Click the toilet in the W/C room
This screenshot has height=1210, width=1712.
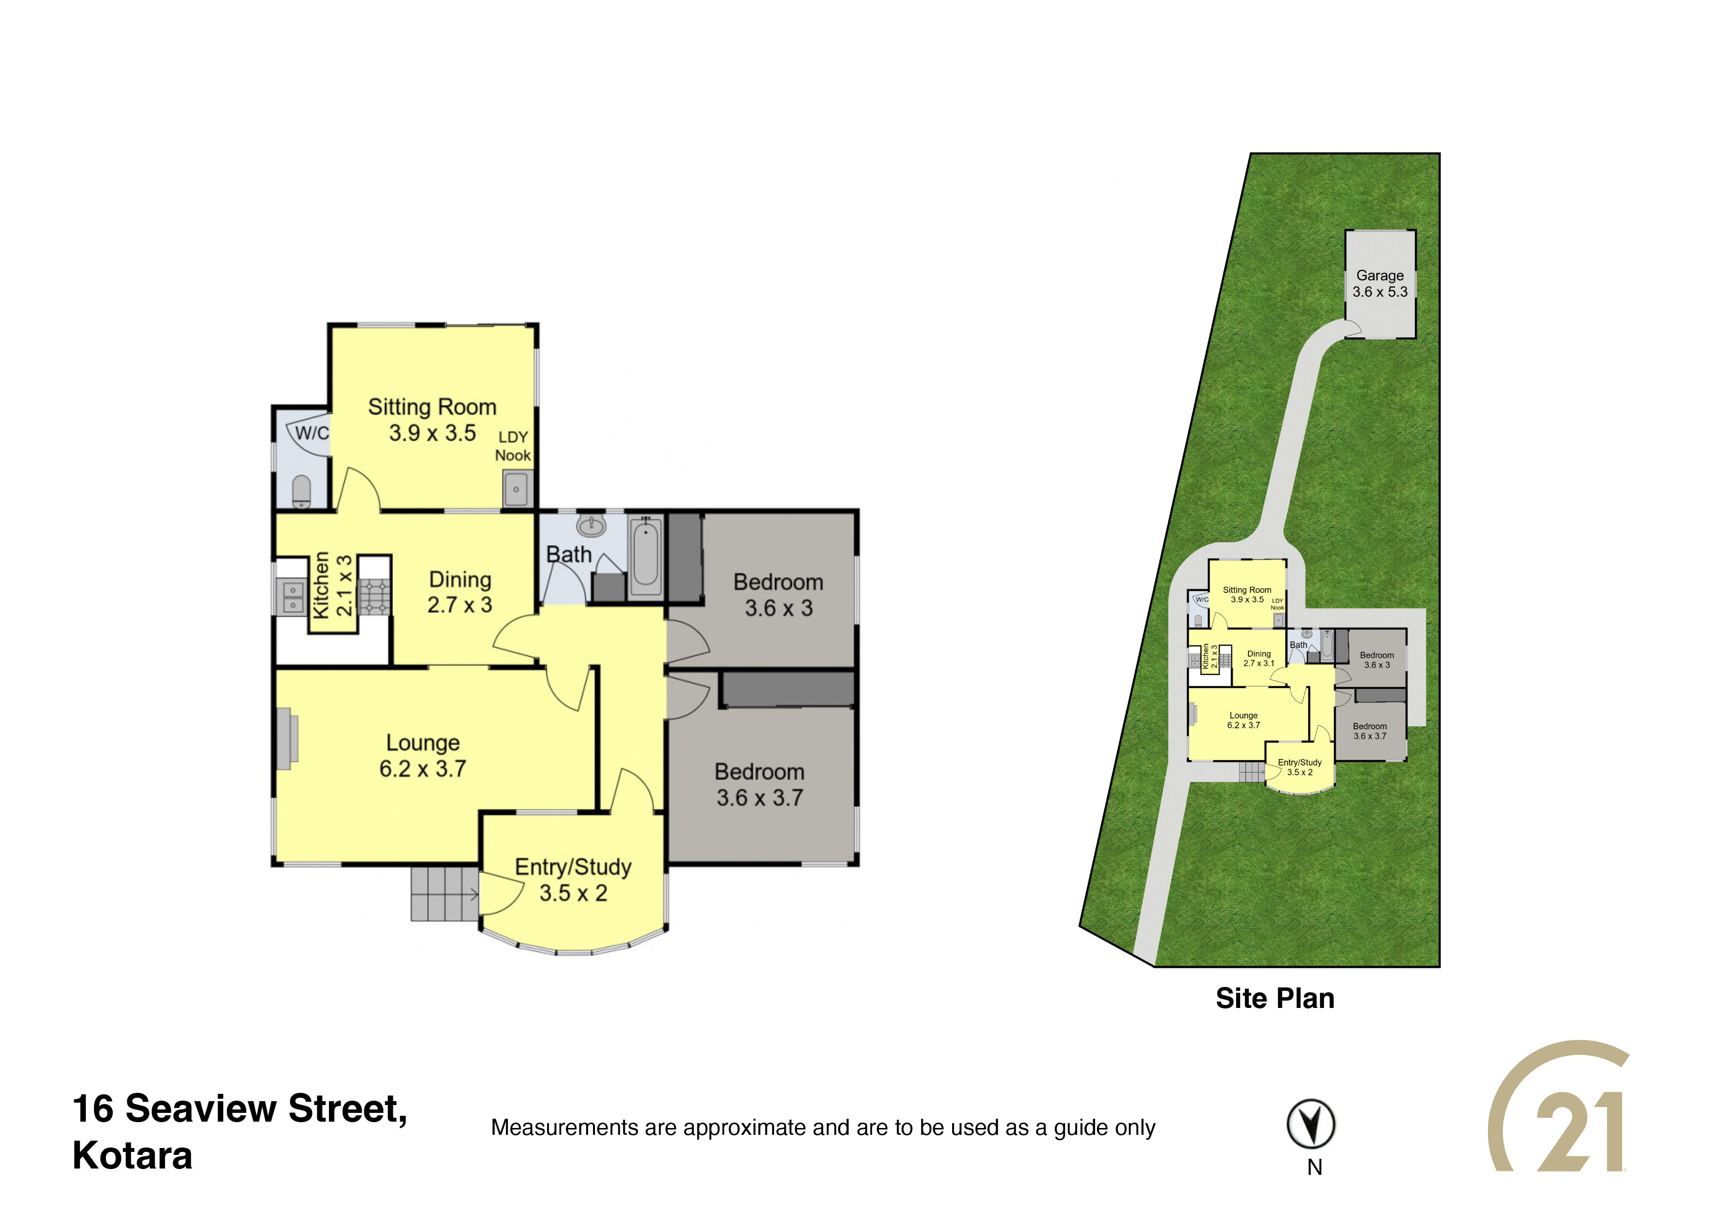[x=301, y=492]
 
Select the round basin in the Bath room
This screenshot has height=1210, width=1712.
[x=591, y=526]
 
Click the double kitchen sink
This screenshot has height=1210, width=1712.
[x=292, y=597]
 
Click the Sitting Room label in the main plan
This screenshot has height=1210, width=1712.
[x=432, y=407]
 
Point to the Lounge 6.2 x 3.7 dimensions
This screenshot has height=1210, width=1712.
[x=423, y=769]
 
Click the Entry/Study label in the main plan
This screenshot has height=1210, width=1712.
[x=573, y=867]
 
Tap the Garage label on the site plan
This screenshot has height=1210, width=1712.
[x=1380, y=275]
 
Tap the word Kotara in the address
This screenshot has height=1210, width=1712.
[x=133, y=1155]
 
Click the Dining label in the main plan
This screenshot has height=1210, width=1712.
[x=460, y=579]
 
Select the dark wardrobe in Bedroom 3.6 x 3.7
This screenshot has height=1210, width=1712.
[x=788, y=690]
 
